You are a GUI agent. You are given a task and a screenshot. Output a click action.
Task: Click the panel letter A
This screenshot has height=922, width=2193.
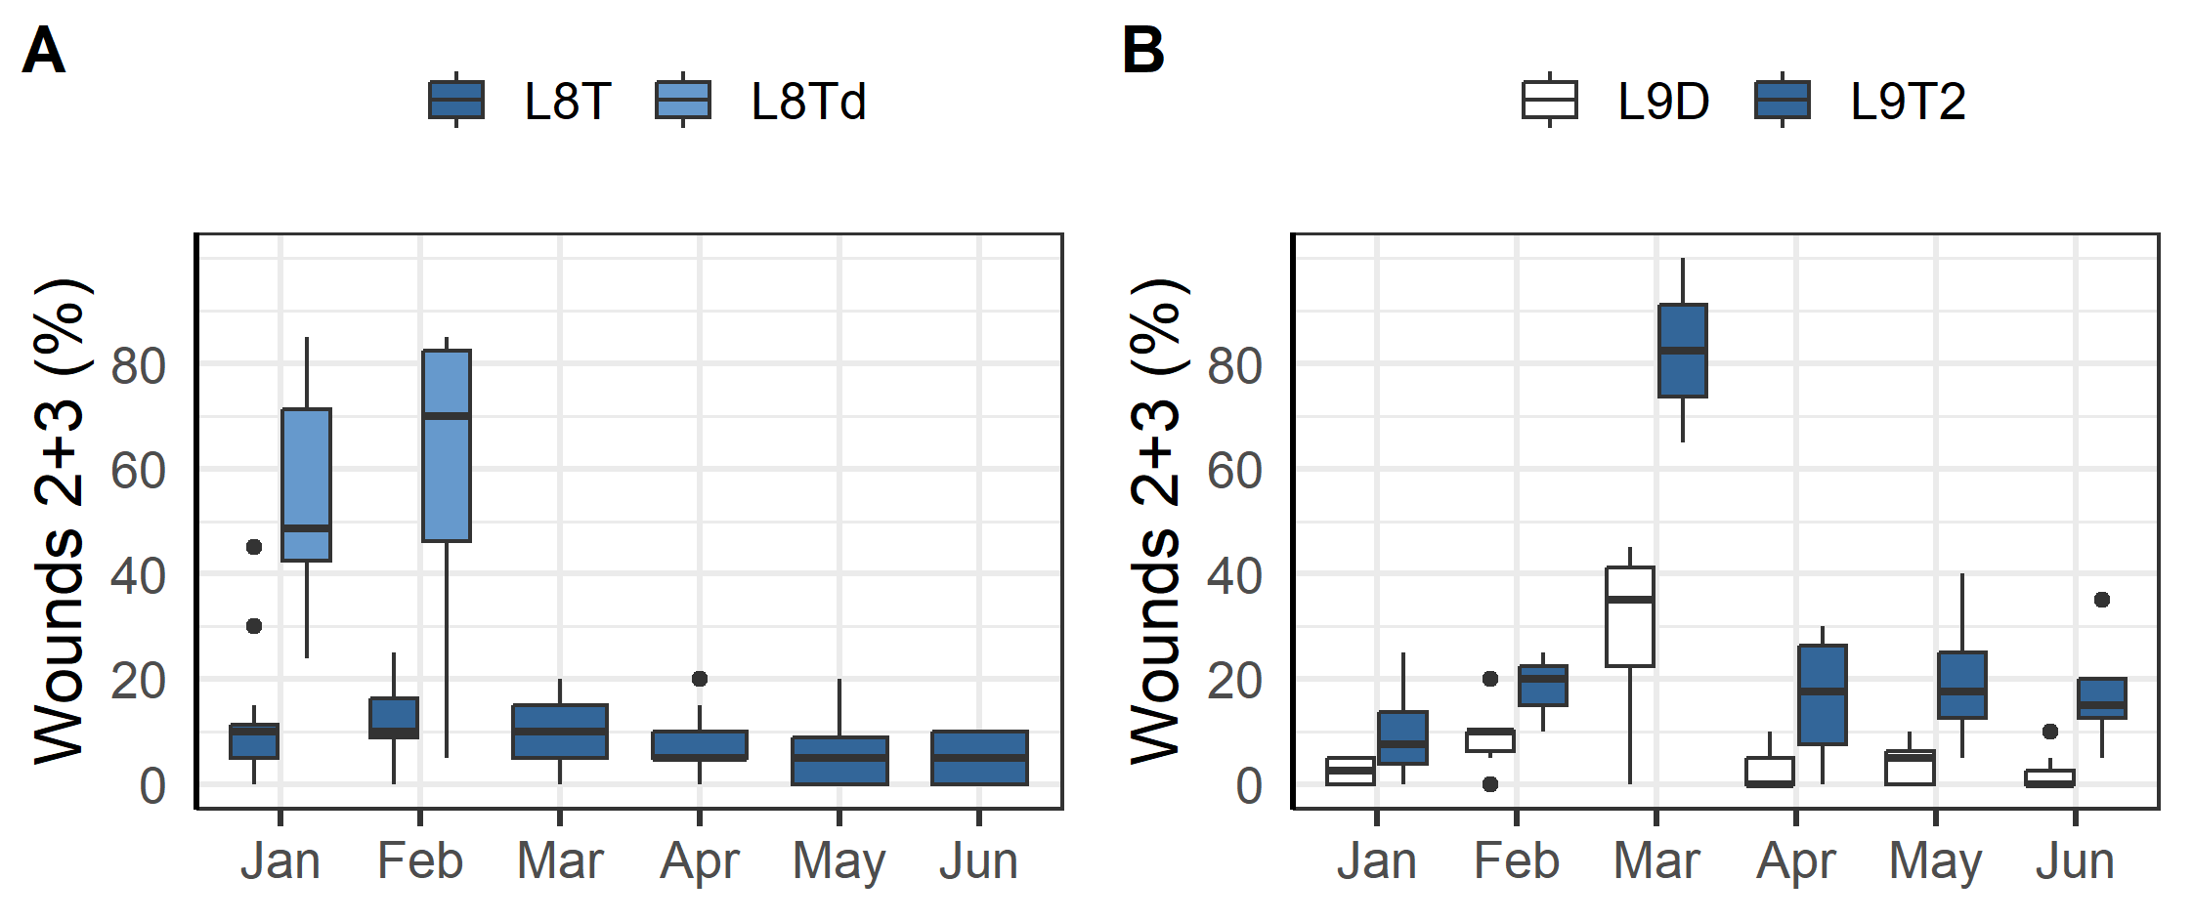43,51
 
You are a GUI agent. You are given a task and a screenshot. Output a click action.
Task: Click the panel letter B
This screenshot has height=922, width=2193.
1142,51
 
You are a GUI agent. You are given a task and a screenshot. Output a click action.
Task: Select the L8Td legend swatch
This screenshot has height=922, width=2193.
682,100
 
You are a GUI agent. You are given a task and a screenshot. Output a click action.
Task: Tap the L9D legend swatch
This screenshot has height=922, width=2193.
1549,100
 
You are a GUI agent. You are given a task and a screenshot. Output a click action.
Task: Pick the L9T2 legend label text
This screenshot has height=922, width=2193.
1907,102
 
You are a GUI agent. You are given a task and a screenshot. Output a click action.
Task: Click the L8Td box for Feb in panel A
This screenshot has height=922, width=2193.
447,445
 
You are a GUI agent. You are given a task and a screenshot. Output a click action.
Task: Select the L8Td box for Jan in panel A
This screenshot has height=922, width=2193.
306,484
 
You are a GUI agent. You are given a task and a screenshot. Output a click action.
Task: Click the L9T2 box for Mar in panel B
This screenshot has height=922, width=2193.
1682,351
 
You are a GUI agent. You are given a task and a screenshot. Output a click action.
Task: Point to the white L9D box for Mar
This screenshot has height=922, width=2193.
1629,617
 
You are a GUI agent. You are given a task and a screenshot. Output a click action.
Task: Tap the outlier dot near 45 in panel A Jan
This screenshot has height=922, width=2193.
254,547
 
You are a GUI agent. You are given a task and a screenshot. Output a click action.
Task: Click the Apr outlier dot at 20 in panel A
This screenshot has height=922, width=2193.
700,679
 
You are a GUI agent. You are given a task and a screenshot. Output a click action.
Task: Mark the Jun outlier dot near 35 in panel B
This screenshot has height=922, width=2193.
2102,600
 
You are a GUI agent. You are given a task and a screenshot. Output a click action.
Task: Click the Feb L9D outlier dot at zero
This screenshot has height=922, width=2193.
1490,783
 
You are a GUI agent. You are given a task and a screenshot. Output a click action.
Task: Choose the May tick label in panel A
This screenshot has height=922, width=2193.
838,861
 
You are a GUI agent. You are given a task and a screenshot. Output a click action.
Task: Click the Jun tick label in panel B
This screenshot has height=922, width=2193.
2074,861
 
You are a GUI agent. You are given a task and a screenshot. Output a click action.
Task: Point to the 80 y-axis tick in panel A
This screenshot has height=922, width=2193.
138,367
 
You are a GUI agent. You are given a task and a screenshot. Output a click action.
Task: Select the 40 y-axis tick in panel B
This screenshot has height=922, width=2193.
1234,576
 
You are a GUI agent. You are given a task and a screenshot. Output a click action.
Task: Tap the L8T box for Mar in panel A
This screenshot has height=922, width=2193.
560,732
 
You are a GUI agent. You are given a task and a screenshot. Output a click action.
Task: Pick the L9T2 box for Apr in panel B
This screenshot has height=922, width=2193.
1822,694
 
